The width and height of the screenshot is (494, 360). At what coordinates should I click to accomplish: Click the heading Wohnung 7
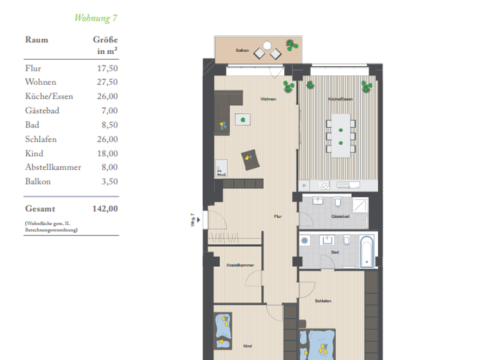(95, 17)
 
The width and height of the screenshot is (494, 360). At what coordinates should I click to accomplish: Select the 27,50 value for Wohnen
(107, 82)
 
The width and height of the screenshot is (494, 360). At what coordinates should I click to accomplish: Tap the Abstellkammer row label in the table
(53, 167)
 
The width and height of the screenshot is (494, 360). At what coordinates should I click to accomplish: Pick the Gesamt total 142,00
(105, 208)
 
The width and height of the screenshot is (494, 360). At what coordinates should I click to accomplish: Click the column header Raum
(37, 40)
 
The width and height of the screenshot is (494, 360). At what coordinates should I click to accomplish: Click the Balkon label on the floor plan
(242, 50)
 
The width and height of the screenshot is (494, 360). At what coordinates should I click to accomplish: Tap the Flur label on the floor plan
(277, 217)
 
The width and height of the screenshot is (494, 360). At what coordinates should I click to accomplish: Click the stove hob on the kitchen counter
(322, 185)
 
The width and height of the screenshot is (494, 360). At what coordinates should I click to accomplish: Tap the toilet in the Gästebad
(338, 204)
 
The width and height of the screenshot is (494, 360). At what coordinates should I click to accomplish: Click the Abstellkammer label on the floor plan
(239, 265)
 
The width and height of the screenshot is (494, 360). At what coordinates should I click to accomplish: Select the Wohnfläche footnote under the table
(51, 226)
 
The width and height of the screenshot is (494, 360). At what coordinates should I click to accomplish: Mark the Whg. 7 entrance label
(192, 220)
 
